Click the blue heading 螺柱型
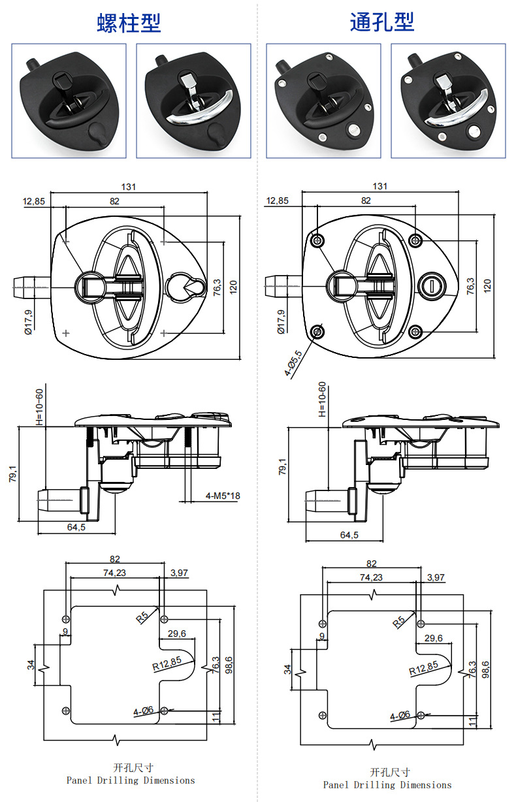[129, 24]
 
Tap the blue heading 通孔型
[382, 22]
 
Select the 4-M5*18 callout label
[223, 496]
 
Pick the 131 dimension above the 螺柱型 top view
[129, 187]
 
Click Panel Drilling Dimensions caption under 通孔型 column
[387, 785]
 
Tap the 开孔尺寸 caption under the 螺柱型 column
[133, 768]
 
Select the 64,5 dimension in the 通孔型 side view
[349, 535]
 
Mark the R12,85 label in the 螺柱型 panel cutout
[167, 664]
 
